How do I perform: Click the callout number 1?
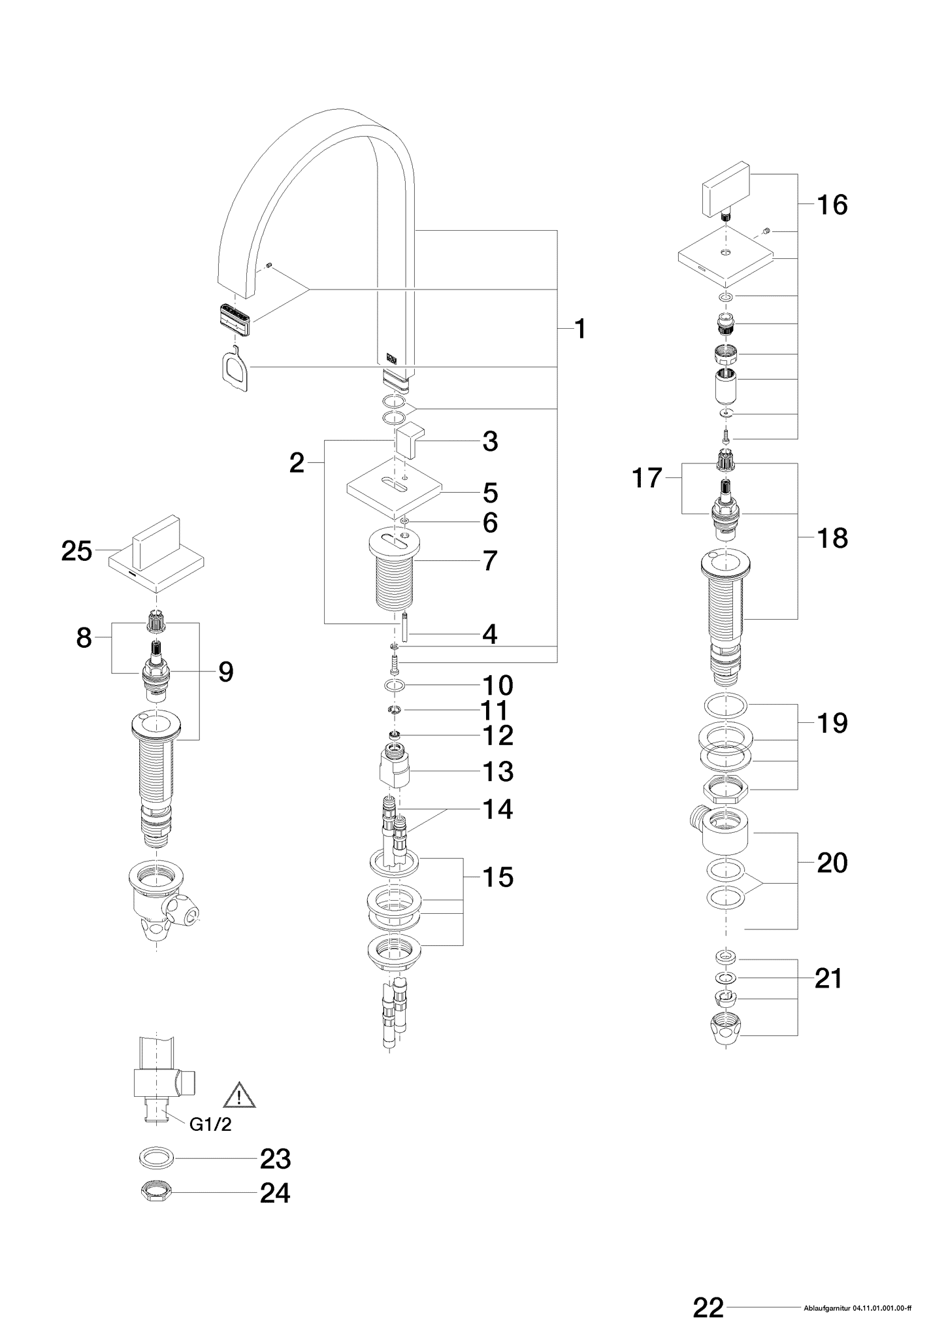pos(579,329)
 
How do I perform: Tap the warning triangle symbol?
pos(240,1096)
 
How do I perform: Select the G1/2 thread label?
pos(210,1124)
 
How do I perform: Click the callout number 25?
pos(77,551)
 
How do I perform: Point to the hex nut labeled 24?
pos(156,1192)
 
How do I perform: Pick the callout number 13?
pos(498,771)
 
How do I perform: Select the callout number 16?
pos(832,205)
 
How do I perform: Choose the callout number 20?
pos(832,863)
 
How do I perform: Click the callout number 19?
pos(832,723)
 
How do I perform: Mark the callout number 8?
pos(84,638)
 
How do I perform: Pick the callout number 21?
pos(829,978)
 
